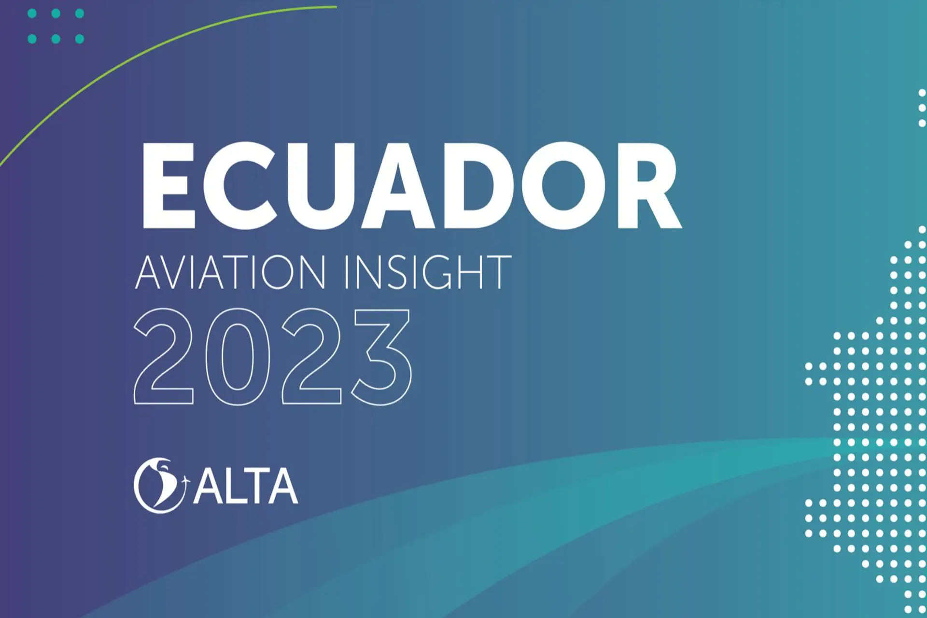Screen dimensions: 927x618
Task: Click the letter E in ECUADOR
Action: pyautogui.click(x=168, y=185)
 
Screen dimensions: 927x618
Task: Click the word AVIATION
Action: pyautogui.click(x=231, y=273)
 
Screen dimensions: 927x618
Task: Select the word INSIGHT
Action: pyautogui.click(x=427, y=273)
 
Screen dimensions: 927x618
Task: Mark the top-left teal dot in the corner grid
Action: pyautogui.click(x=32, y=14)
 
